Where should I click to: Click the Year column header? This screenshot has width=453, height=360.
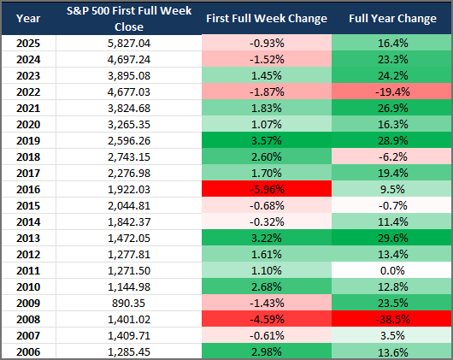[x=28, y=19]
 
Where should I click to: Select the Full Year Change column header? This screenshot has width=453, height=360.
[x=392, y=19]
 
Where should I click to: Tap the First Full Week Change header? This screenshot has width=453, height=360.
[x=267, y=19]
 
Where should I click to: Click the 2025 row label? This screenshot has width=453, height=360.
[x=28, y=44]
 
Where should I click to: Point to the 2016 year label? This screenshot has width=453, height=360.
[x=28, y=190]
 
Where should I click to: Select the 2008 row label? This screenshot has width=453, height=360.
[x=28, y=320]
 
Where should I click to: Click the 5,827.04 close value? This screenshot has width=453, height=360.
[x=129, y=44]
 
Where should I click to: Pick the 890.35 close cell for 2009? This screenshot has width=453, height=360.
[x=129, y=304]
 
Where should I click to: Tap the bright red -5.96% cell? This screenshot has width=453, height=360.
[x=267, y=190]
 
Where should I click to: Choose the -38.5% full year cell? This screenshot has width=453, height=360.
[x=392, y=320]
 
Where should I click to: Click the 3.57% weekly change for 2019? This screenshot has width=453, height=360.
[x=267, y=141]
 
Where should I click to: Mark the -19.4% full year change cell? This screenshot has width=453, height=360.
[x=392, y=92]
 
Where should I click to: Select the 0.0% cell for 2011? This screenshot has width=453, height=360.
[x=392, y=271]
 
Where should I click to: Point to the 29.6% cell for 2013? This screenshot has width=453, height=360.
[x=392, y=239]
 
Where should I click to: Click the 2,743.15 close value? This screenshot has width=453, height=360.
[x=129, y=157]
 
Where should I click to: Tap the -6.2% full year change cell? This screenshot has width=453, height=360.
[x=392, y=157]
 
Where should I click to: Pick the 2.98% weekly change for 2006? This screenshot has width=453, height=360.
[x=267, y=352]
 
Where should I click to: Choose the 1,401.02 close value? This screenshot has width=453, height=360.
[x=129, y=320]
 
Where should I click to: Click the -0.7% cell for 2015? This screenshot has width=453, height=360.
[x=392, y=206]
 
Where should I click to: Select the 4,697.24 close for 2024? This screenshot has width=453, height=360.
[x=129, y=60]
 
